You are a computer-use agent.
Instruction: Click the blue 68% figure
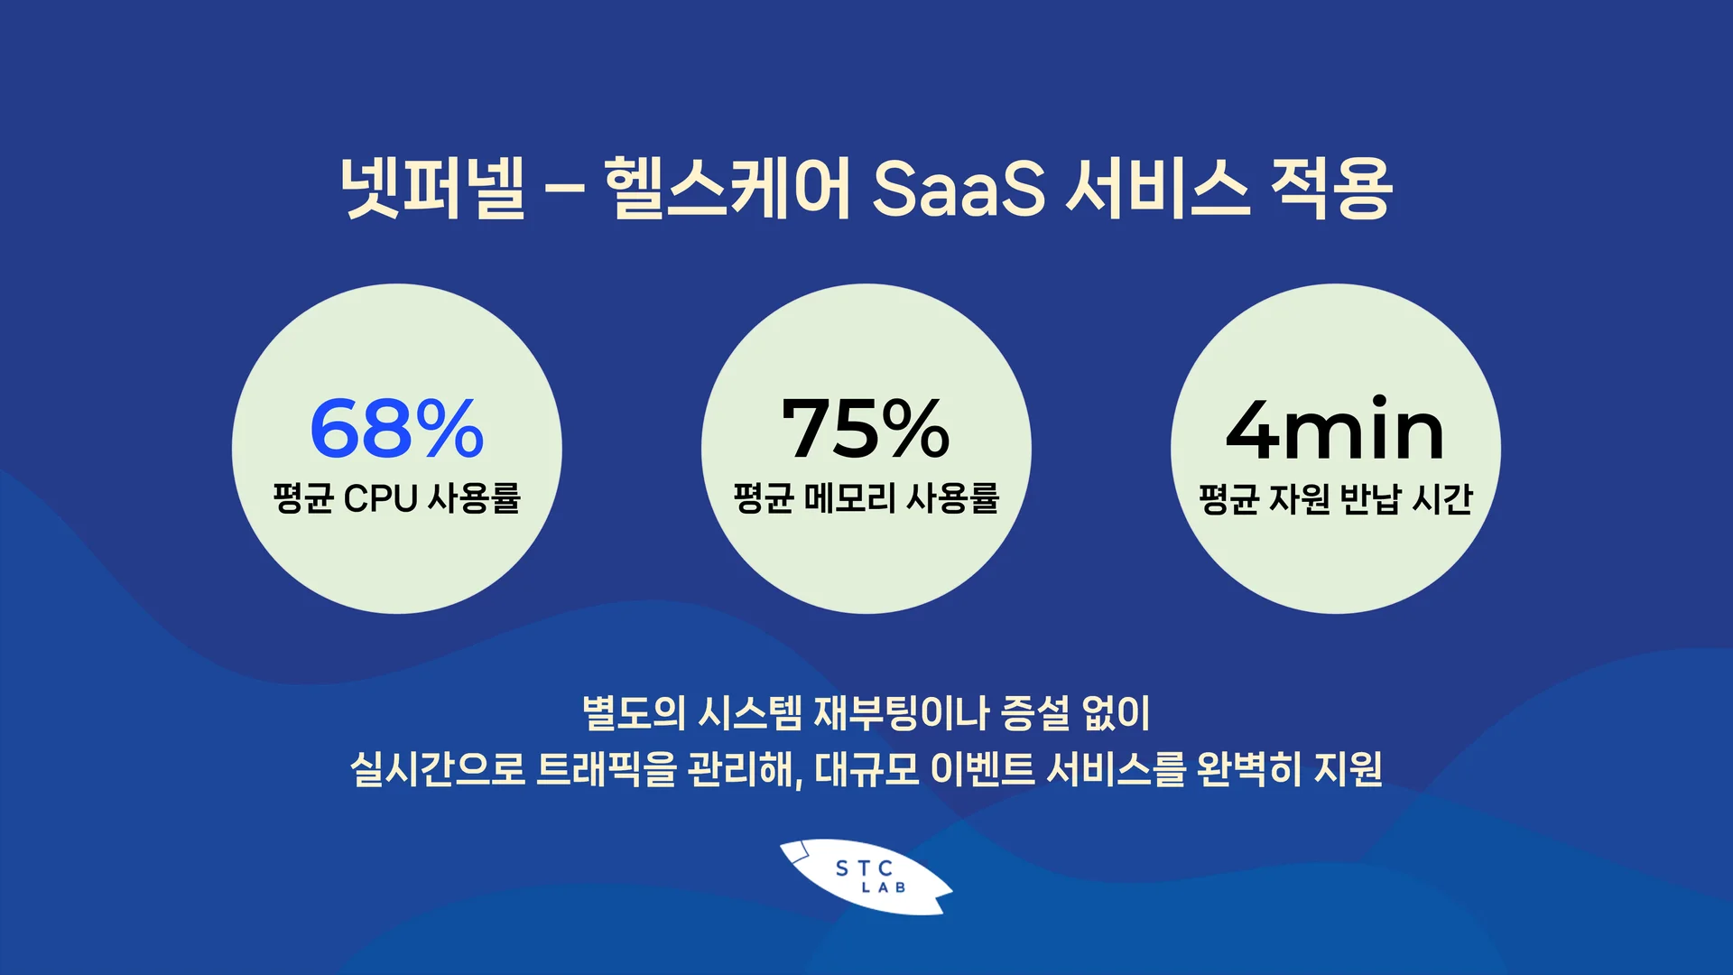pos(396,429)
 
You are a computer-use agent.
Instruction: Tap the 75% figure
pos(866,429)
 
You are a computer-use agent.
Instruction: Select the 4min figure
pos(1335,431)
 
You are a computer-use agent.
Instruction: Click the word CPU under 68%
pos(380,498)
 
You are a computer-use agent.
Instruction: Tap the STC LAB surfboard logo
pos(866,877)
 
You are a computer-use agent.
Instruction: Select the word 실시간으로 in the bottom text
pos(437,769)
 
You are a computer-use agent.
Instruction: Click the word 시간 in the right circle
pos(1441,498)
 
